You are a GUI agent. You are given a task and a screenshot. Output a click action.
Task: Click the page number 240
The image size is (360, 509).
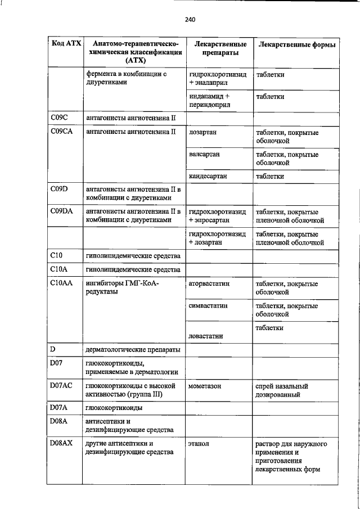pyautogui.click(x=189, y=20)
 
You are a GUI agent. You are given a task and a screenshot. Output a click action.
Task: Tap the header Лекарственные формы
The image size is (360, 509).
pyautogui.click(x=297, y=44)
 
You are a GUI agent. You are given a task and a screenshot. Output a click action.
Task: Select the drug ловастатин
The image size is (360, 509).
pyautogui.click(x=206, y=335)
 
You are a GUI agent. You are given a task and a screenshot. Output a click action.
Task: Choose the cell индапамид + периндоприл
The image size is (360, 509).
pyautogui.click(x=210, y=100)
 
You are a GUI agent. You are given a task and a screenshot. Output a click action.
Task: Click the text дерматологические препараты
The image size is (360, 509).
pyautogui.click(x=133, y=350)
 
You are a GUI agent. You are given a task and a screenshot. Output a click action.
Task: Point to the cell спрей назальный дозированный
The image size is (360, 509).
pyautogui.click(x=282, y=390)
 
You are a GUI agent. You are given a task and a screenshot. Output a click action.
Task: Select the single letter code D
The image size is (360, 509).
pyautogui.click(x=52, y=350)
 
